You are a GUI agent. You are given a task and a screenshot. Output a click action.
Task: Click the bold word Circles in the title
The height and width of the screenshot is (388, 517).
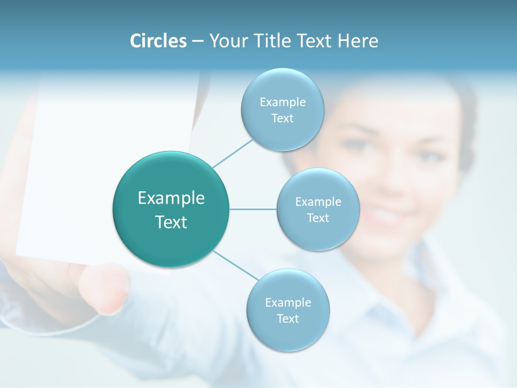click(x=158, y=41)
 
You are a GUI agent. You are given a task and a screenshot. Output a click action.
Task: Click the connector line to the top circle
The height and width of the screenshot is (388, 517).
click(x=233, y=153)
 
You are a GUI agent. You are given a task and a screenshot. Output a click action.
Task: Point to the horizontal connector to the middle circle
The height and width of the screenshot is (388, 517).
click(x=253, y=209)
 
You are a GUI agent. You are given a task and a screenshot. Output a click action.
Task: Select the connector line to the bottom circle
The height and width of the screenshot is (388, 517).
click(x=236, y=265)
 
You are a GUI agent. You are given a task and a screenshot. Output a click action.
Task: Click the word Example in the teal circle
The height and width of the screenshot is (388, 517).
click(x=171, y=198)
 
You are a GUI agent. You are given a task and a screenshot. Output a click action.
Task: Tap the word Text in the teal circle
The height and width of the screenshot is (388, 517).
click(x=171, y=222)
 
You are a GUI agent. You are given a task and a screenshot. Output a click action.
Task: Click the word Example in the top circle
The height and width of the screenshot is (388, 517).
click(x=283, y=102)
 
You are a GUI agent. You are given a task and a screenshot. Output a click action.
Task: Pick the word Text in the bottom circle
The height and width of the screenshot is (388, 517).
click(x=288, y=318)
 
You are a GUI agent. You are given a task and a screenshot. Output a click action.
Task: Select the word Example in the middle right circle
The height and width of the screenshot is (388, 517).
click(x=318, y=202)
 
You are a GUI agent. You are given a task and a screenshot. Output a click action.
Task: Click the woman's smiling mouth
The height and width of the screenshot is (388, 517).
click(x=385, y=216)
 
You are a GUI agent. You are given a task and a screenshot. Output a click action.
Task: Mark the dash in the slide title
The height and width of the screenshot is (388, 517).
click(x=198, y=41)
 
